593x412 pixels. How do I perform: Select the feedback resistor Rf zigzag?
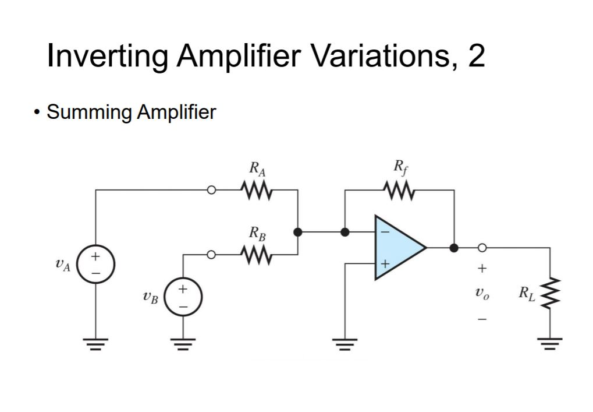[x=399, y=190]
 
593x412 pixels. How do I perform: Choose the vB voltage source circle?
[x=183, y=297]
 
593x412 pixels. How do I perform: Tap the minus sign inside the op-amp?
[x=384, y=231]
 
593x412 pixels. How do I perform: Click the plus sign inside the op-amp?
[x=384, y=264]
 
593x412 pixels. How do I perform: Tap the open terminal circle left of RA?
[x=212, y=190]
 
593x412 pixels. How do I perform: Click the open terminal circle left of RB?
[x=212, y=255]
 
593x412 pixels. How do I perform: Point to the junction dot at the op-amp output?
[x=454, y=248]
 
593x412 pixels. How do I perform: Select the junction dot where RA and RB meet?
[x=298, y=232]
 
